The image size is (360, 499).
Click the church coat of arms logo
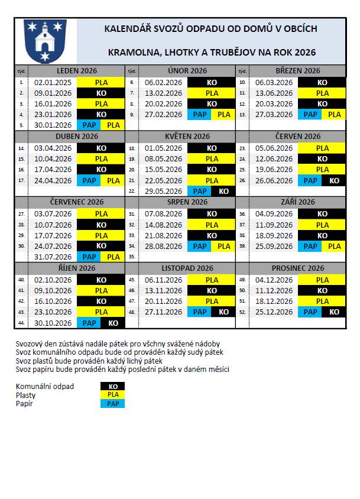pos(45,41)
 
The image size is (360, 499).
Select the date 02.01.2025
pos(53,83)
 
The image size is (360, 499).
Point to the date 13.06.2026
pos(274,93)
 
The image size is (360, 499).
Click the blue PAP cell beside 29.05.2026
pos(200,192)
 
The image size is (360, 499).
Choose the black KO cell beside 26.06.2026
pos(334,181)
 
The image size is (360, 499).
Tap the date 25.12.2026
pos(274,312)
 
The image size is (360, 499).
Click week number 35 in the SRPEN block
pos(132,257)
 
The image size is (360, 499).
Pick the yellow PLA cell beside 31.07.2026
pos(113,257)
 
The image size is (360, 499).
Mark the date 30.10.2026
pos(53,323)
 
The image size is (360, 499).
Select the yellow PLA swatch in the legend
pos(113,395)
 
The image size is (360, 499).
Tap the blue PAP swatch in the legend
pos(113,404)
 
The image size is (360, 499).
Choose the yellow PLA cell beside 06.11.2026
pos(212,280)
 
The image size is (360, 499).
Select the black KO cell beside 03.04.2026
pos(101,148)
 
